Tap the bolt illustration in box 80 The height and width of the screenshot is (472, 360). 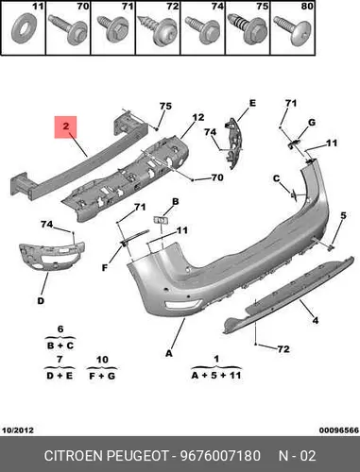tap(293, 31)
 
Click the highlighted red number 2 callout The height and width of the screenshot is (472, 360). tap(65, 126)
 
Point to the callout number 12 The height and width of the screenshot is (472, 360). tap(198, 118)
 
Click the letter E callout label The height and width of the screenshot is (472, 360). tap(252, 103)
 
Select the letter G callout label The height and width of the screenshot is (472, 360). tap(312, 122)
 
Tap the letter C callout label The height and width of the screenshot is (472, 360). tap(276, 178)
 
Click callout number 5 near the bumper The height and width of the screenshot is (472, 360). tap(343, 215)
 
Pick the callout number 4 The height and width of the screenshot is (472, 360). tap(316, 320)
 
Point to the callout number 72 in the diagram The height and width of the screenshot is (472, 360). tap(283, 349)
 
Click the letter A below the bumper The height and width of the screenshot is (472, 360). tap(169, 353)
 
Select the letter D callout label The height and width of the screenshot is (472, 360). tap(41, 301)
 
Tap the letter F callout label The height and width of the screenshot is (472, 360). tap(105, 268)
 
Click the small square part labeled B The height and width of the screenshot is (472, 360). tap(161, 220)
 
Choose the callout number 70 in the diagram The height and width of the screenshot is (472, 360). tap(217, 177)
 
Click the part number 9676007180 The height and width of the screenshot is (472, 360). tap(220, 456)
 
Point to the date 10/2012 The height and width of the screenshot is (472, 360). tap(18, 430)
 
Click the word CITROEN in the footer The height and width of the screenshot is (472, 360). tap(74, 456)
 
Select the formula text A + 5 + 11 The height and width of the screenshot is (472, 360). tap(216, 375)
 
